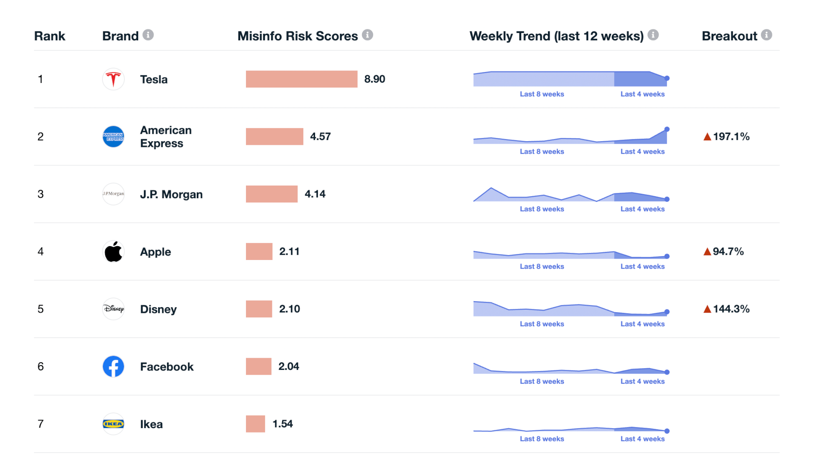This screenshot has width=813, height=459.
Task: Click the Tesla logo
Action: click(113, 79)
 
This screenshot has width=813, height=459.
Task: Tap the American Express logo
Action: click(113, 136)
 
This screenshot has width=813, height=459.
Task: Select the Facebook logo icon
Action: click(113, 367)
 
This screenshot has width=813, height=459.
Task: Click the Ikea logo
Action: click(113, 424)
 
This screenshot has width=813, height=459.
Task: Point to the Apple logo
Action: click(113, 251)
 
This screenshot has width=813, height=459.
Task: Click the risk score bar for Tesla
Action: click(301, 79)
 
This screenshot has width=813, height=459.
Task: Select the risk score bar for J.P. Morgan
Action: click(272, 194)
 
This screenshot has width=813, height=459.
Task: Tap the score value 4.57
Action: click(320, 136)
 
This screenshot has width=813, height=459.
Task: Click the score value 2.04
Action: click(289, 367)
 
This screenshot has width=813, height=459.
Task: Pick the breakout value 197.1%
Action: click(731, 136)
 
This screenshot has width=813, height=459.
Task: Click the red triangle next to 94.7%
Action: click(707, 251)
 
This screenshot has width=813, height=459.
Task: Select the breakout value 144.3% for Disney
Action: click(731, 309)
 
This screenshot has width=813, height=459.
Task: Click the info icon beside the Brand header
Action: click(148, 35)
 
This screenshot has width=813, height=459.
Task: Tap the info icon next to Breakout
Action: click(767, 35)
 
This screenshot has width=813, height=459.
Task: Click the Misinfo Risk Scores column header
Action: click(298, 36)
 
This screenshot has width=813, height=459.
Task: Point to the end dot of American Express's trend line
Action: click(667, 129)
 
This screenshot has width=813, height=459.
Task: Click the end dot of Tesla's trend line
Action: click(667, 78)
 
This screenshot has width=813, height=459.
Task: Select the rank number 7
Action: click(41, 424)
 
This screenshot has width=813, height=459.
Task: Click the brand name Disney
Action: click(158, 309)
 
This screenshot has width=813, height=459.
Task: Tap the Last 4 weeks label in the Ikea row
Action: click(642, 439)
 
